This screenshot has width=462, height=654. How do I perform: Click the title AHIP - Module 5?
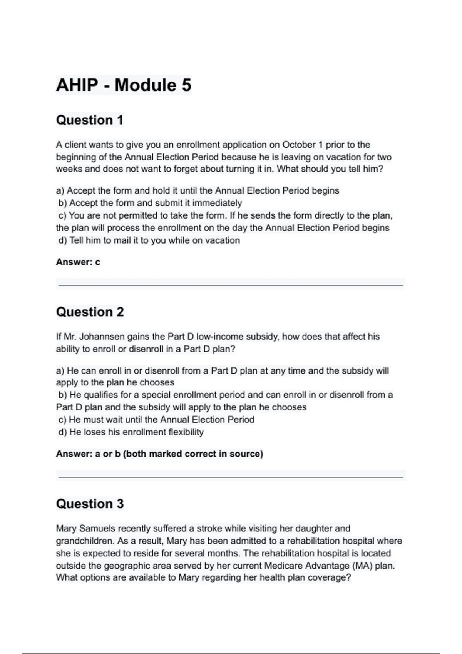tap(124, 85)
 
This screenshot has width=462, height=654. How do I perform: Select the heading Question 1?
tap(89, 120)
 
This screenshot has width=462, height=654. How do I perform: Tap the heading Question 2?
tap(90, 312)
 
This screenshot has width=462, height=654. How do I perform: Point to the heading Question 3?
tap(90, 504)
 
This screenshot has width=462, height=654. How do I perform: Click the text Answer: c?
tap(78, 262)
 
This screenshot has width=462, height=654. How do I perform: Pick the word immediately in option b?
tap(217, 203)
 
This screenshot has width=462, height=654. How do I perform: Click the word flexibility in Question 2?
tap(186, 432)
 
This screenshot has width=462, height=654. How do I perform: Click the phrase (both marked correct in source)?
tap(193, 454)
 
